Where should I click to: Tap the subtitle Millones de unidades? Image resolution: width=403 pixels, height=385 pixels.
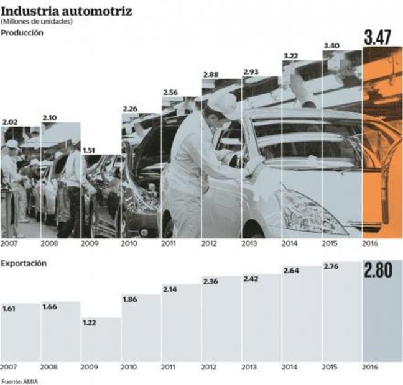point(37,22)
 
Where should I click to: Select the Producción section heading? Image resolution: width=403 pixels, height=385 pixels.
point(22,33)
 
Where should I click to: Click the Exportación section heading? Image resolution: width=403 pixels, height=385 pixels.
point(23,263)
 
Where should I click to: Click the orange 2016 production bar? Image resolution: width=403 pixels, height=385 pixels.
point(382,143)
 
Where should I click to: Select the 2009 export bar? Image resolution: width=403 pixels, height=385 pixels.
point(101,342)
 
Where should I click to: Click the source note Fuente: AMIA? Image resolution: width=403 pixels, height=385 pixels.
point(19,381)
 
